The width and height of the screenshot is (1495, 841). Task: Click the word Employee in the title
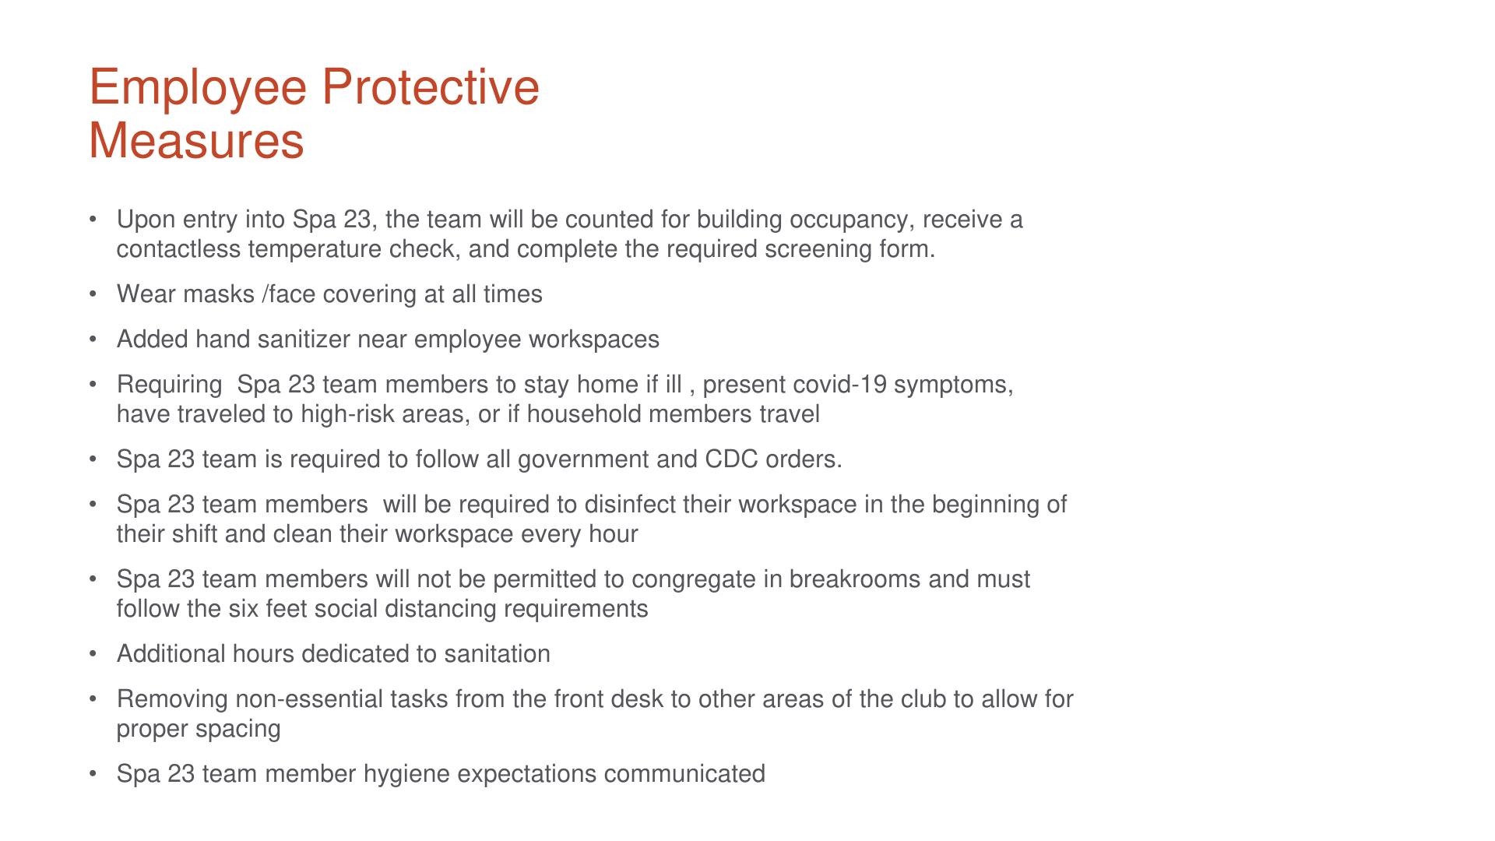[x=198, y=88]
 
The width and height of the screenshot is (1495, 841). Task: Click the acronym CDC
[x=731, y=459]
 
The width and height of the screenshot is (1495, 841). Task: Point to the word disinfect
[x=630, y=505]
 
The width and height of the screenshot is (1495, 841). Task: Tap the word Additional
[x=171, y=654]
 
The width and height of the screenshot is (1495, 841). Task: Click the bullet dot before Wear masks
[x=93, y=294]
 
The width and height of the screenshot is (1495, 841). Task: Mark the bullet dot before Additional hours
[x=93, y=654]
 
